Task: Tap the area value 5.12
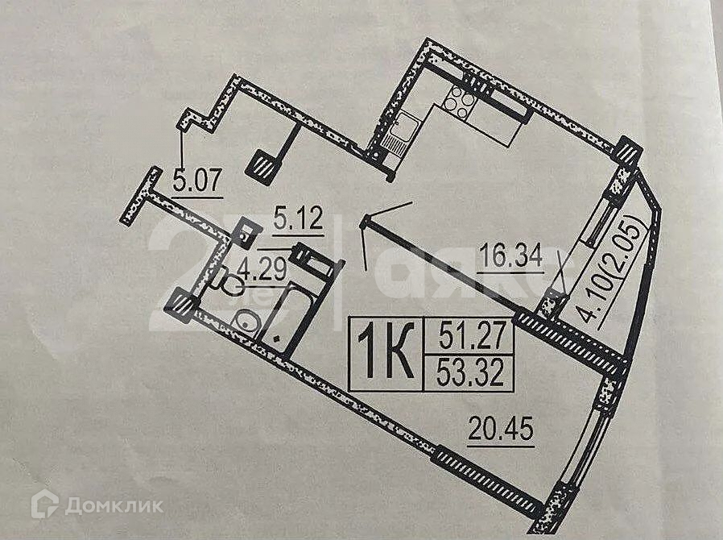coord(298,219)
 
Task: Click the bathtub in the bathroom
coord(285,318)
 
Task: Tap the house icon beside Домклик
coord(44,505)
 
